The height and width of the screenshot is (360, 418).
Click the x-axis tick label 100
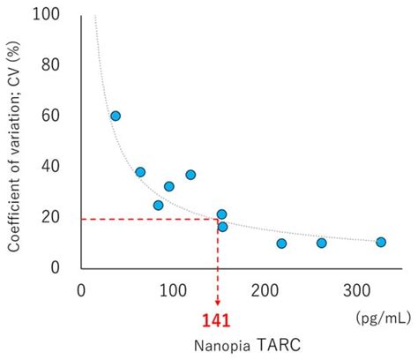point(173,289)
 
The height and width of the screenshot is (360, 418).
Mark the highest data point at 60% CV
point(116,116)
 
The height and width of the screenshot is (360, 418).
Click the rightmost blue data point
point(381,242)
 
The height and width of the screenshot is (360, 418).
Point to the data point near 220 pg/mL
point(281,244)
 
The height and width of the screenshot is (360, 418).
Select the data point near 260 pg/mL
point(321,243)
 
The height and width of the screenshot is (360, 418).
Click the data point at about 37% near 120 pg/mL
point(190,175)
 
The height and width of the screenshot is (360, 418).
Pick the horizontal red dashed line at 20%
point(150,219)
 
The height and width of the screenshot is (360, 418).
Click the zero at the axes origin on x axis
point(81,289)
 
